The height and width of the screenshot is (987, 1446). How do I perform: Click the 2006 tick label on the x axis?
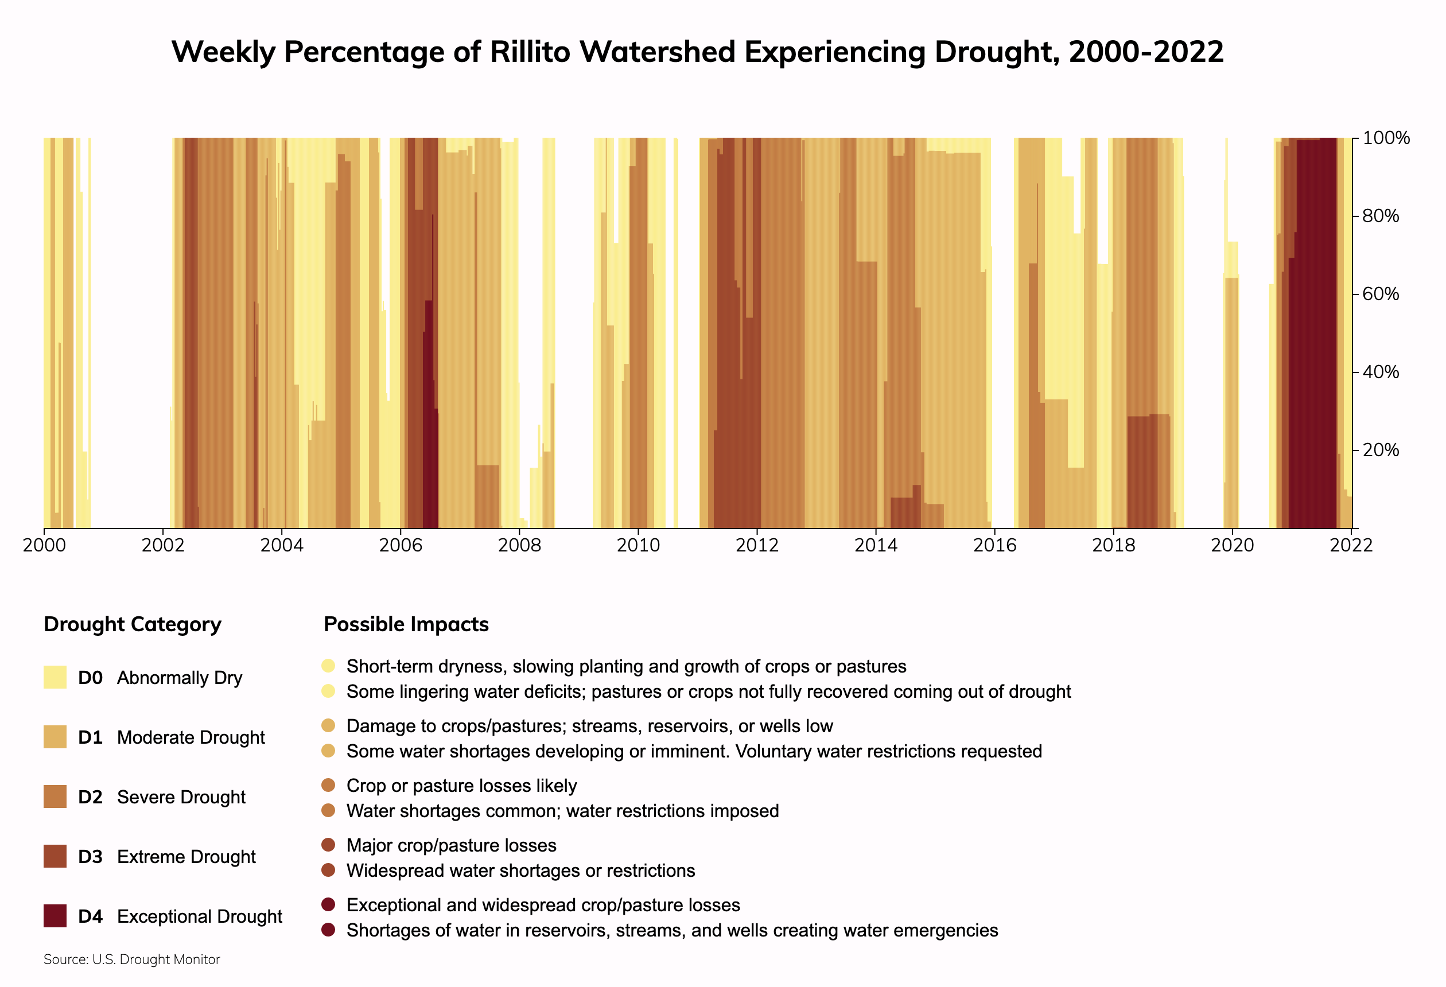(401, 546)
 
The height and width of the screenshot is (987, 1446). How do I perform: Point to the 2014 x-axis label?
(876, 546)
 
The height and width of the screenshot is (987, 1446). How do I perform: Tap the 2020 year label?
(1232, 546)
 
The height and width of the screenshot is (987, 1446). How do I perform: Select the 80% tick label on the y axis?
(1381, 216)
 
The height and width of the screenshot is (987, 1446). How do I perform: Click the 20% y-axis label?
(1381, 450)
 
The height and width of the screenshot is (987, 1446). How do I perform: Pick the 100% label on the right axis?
(1386, 138)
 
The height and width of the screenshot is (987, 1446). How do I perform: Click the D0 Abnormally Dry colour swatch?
(55, 677)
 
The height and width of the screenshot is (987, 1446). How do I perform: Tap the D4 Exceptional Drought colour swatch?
(55, 916)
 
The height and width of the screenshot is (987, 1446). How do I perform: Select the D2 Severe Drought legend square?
(55, 796)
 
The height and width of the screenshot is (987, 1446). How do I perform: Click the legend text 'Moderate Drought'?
(191, 737)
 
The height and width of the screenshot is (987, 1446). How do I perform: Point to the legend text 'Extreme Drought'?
(186, 857)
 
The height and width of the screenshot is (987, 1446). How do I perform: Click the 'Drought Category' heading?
(133, 624)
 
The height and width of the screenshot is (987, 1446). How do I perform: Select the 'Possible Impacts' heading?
(406, 624)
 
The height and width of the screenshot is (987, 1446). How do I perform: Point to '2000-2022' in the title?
(1146, 52)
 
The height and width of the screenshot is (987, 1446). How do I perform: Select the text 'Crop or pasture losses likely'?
(462, 786)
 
